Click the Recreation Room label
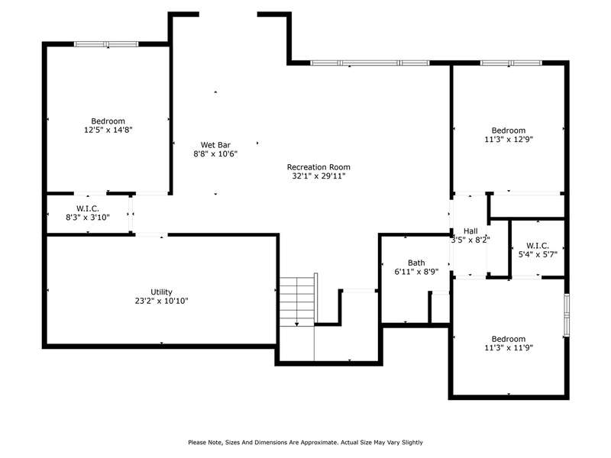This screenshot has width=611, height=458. click(318, 167)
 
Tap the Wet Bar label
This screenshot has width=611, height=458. click(215, 145)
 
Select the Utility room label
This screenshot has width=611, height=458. click(161, 292)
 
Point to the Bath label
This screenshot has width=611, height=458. click(416, 263)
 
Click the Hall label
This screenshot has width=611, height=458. click(470, 231)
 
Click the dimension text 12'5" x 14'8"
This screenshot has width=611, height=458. click(108, 130)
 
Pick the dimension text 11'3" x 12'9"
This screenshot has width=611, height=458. click(509, 139)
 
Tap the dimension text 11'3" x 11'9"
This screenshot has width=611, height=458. click(509, 347)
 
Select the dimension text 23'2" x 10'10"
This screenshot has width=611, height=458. click(161, 301)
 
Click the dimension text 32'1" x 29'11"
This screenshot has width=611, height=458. click(318, 176)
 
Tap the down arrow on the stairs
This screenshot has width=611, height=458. click(297, 324)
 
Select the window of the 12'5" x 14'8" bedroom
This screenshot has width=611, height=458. click(106, 44)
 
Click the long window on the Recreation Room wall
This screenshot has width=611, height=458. click(370, 63)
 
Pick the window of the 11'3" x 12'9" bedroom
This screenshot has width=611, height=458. click(511, 63)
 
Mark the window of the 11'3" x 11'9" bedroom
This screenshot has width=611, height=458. click(567, 315)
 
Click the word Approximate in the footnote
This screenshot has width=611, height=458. click(318, 443)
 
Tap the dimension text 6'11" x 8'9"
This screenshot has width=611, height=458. click(416, 272)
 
